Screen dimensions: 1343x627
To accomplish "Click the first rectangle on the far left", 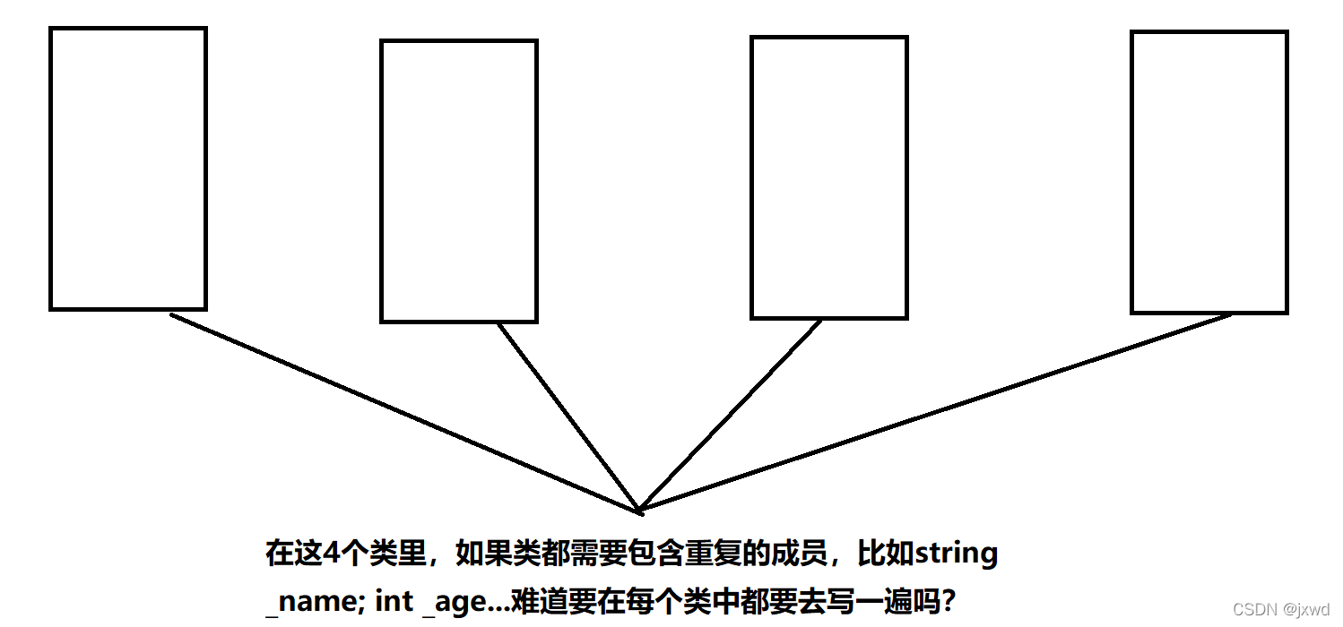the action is point(128,169).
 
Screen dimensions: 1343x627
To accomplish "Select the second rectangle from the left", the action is point(459,181).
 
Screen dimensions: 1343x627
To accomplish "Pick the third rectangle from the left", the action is point(829,177).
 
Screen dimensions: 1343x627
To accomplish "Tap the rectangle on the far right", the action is point(1209,172).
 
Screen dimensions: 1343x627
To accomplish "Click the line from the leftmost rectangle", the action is point(403,412).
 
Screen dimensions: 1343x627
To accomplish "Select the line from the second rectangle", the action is point(568,417).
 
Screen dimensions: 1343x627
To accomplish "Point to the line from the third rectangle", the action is point(731,416).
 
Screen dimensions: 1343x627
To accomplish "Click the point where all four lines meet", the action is point(639,511).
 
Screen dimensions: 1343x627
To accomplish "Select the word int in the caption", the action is point(394,601).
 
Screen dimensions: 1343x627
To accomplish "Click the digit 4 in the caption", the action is point(331,554).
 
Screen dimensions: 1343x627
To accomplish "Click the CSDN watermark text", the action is point(1254,610).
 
